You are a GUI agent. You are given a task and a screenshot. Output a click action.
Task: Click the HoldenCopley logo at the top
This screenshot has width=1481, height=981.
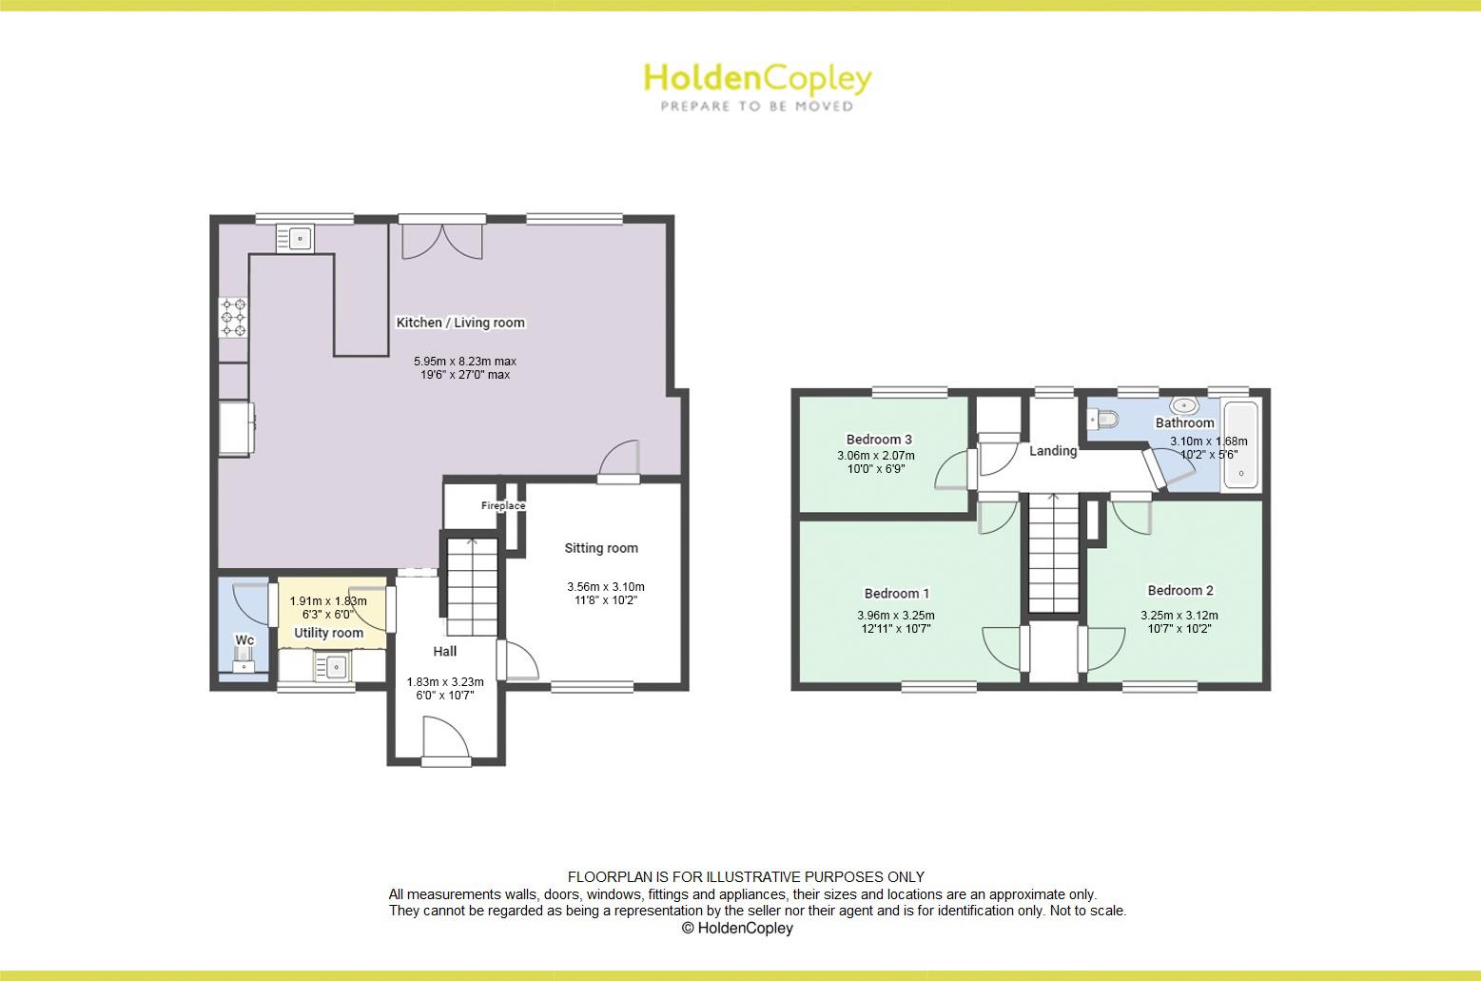point(757,86)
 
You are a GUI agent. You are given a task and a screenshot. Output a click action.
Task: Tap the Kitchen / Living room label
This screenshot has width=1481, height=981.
point(460,323)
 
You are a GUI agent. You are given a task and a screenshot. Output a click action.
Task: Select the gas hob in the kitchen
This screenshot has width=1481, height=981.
point(234,318)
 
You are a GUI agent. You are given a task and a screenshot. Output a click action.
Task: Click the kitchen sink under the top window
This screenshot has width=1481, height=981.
point(295,238)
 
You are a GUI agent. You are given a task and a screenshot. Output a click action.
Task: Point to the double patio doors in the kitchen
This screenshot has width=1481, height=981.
point(442,240)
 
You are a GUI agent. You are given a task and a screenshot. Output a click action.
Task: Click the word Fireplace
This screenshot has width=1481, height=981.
point(502,506)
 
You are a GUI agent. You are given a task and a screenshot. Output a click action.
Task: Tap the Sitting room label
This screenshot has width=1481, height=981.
point(601,548)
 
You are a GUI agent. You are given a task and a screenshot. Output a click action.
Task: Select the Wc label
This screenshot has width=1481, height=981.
point(244,640)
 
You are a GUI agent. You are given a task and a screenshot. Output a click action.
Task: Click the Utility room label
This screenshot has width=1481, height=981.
point(328,633)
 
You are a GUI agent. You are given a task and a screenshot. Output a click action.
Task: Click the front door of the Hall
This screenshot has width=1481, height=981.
point(445,742)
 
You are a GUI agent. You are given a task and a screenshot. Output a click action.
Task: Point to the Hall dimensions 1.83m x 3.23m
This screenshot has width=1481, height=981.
point(445,681)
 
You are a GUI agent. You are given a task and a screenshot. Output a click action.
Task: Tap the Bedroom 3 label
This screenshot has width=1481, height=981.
point(879,440)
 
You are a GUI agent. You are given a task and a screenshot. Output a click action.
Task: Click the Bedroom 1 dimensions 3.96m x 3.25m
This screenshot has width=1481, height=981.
point(895,615)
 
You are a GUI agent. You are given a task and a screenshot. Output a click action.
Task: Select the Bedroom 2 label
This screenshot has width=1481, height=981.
point(1179,590)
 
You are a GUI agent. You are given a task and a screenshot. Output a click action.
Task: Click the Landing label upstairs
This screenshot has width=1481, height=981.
point(1053,451)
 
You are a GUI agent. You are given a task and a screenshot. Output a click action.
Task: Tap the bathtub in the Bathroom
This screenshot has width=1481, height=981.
point(1240,445)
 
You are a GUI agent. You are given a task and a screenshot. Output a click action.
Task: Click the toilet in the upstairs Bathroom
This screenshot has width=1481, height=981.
point(1103,419)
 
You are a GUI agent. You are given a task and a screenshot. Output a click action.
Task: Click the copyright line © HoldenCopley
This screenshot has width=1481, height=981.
point(737,928)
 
